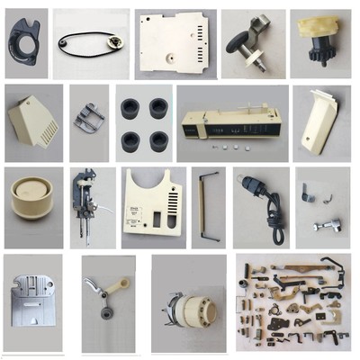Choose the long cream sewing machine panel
(x=231, y=121)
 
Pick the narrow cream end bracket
(x=319, y=121)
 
